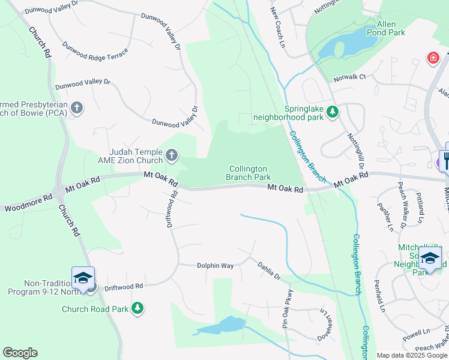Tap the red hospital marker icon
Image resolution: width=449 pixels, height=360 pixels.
click(x=432, y=58)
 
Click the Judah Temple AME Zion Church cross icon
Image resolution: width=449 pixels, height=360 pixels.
click(x=171, y=156)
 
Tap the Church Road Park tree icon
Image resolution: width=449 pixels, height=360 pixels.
click(x=138, y=308)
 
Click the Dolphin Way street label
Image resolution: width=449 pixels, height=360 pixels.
click(x=215, y=265)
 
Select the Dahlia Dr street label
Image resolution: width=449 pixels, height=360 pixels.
click(x=269, y=269)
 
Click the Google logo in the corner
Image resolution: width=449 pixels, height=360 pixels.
click(x=20, y=353)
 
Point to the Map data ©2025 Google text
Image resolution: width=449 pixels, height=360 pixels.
click(x=412, y=355)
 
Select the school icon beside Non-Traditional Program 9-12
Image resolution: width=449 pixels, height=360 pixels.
click(x=83, y=278)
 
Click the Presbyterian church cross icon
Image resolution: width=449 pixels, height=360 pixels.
click(x=76, y=108)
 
